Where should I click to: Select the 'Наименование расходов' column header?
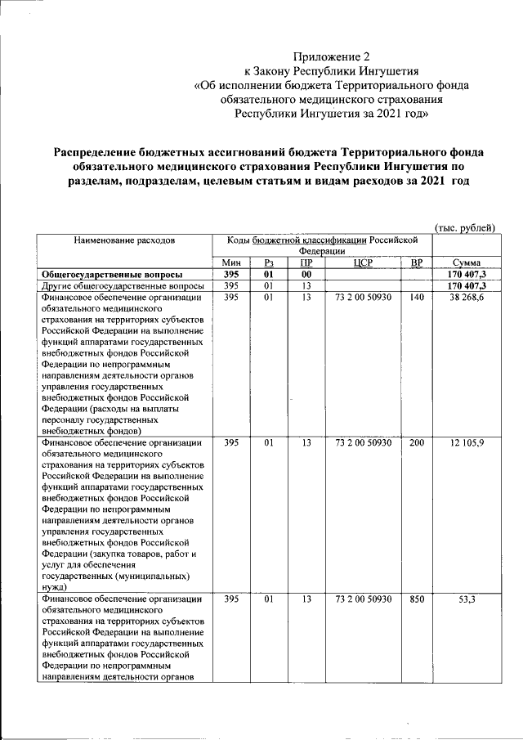pyautogui.click(x=124, y=240)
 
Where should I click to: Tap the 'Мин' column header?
pyautogui.click(x=231, y=262)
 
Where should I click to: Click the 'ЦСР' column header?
pyautogui.click(x=363, y=262)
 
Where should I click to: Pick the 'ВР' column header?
pyautogui.click(x=417, y=262)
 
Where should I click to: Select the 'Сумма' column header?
pyautogui.click(x=465, y=262)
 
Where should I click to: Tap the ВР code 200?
pyautogui.click(x=417, y=442)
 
